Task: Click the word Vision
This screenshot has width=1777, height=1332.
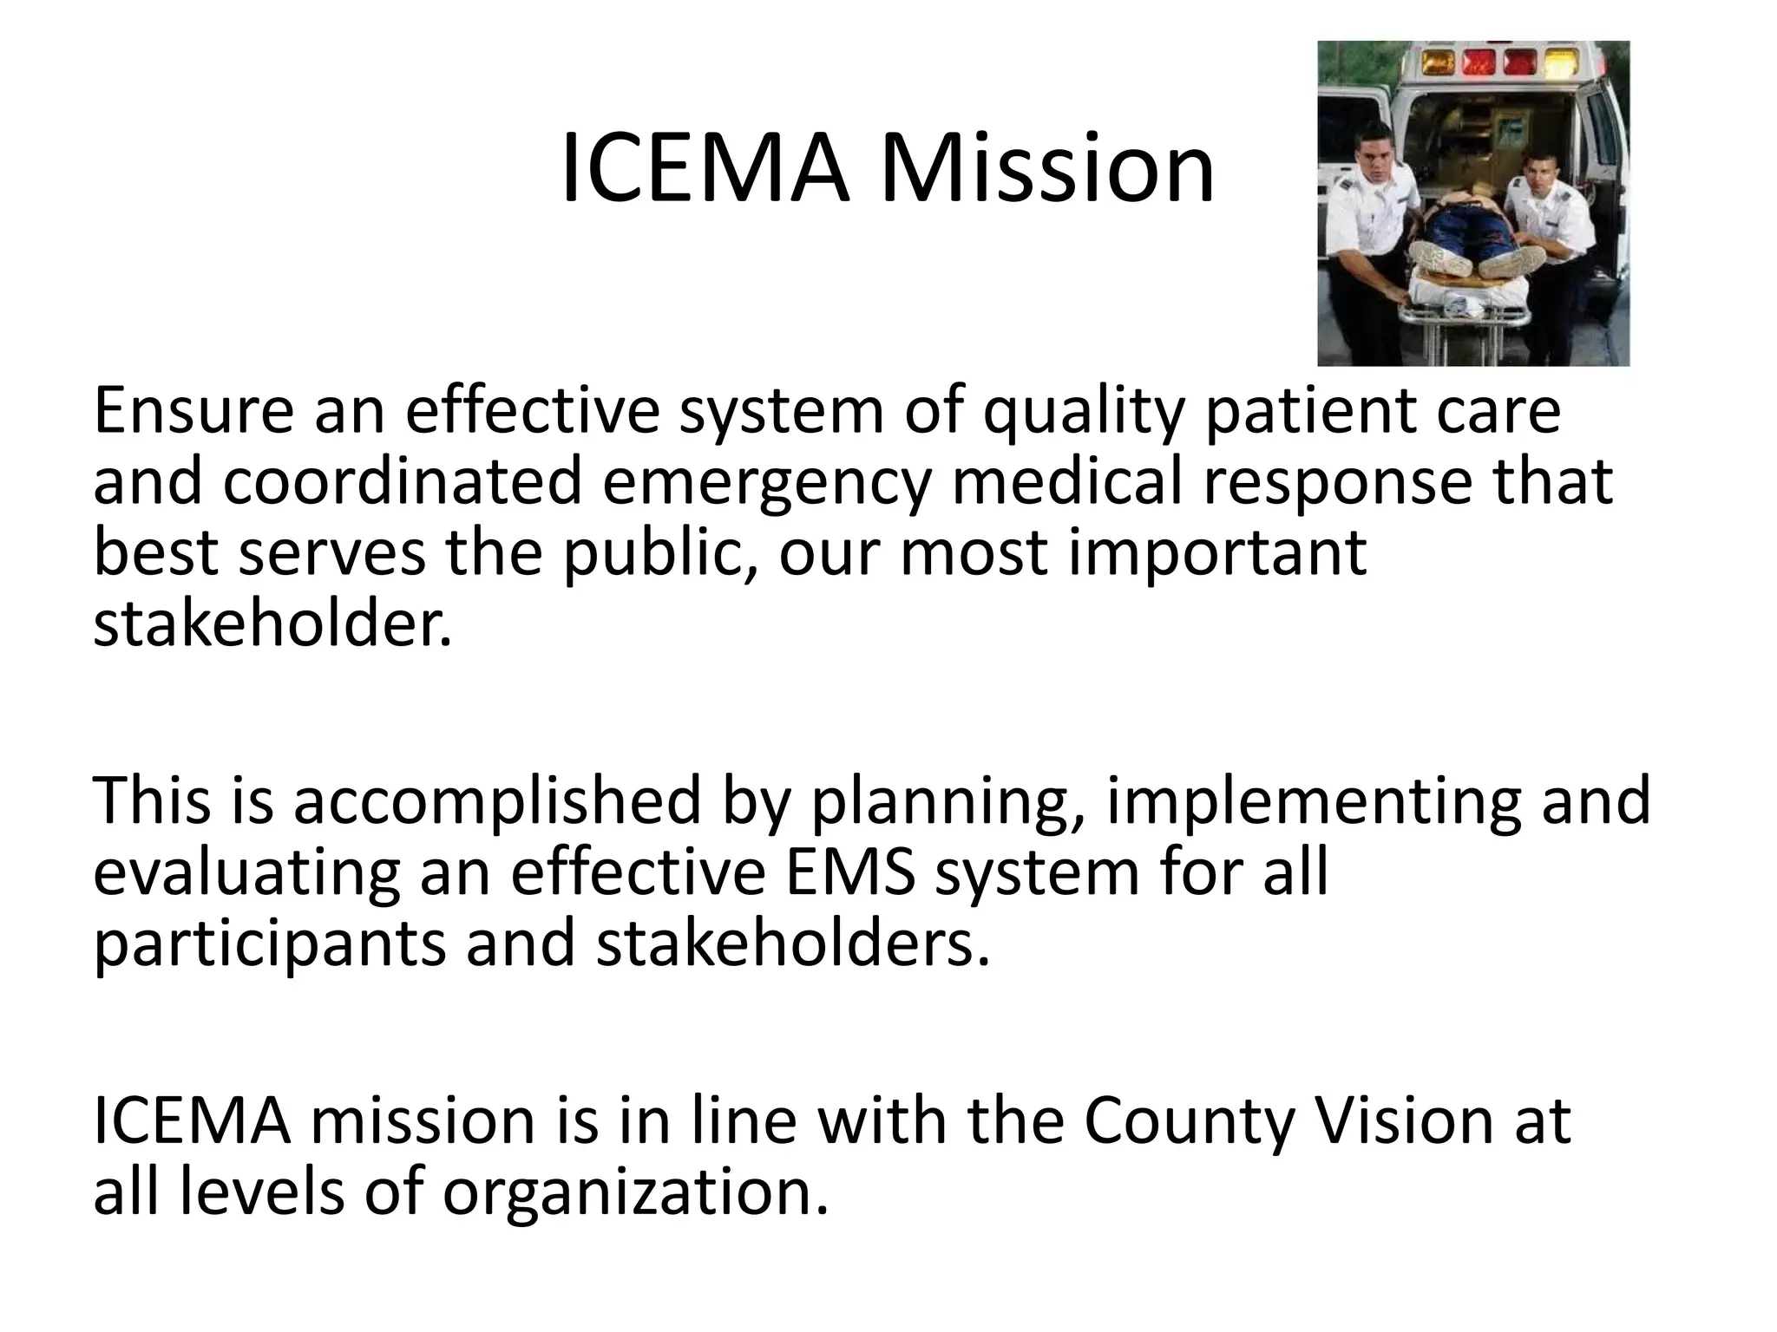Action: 1405,1120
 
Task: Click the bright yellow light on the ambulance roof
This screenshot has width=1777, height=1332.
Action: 1561,62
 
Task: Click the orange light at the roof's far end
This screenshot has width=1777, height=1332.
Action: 1439,62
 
